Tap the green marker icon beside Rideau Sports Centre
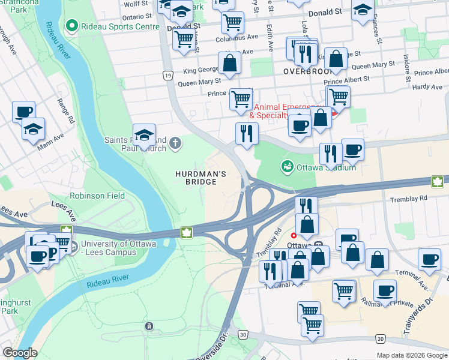coord(73,26)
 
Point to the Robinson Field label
coord(97,196)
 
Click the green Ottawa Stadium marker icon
coord(287,166)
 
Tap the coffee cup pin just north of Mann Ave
coord(24,112)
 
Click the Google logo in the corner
coord(20,353)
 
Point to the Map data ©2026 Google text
coord(411,355)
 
